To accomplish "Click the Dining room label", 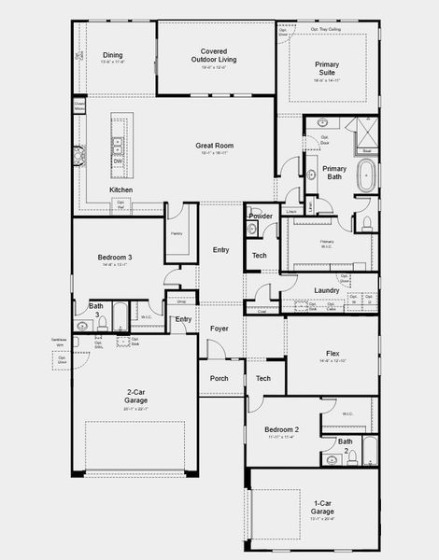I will point(112,55).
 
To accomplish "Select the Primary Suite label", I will point(327,69).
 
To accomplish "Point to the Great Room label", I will point(214,146).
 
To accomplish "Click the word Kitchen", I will point(121,189).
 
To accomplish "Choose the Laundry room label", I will point(326,290).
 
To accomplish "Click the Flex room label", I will point(333,354).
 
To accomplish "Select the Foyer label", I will point(219,329).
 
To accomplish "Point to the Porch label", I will point(219,378).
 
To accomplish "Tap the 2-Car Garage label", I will point(136,396).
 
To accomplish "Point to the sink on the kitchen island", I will point(119,147).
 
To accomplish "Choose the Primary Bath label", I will point(334,174).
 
